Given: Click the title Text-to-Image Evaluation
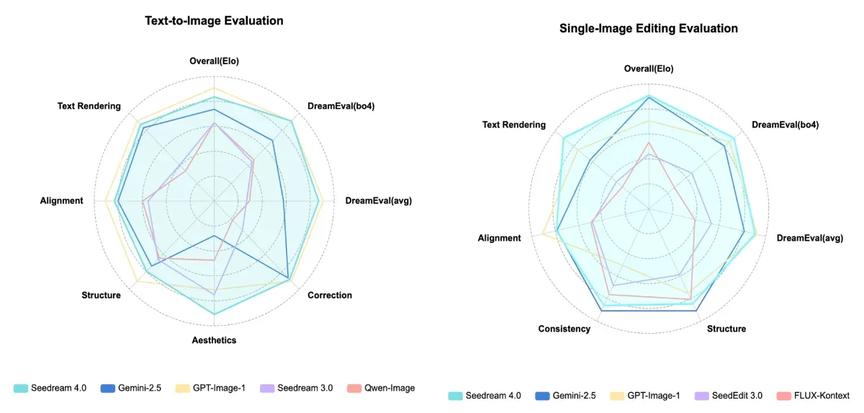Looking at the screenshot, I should pos(214,21).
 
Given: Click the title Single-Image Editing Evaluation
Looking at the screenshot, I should pos(648,29).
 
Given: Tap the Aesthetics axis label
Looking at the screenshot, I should pos(214,339).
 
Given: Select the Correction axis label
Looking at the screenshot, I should pos(330,295).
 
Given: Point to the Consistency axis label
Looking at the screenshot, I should pos(564,329).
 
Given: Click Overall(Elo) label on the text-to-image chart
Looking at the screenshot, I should pos(214,61).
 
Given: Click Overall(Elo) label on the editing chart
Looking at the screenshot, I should pos(649,68).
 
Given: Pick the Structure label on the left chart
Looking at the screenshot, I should pos(101,295).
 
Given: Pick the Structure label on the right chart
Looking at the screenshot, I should pos(726,329).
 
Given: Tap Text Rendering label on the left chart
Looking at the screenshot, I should pos(89,106).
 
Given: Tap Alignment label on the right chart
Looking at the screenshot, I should pos(499,238).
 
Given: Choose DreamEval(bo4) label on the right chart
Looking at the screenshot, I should pos(785,125).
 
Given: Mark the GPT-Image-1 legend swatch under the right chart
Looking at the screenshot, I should pos(618,396).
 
